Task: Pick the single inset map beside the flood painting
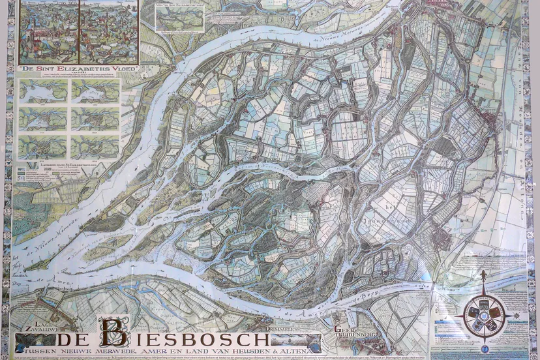click(180, 16)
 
